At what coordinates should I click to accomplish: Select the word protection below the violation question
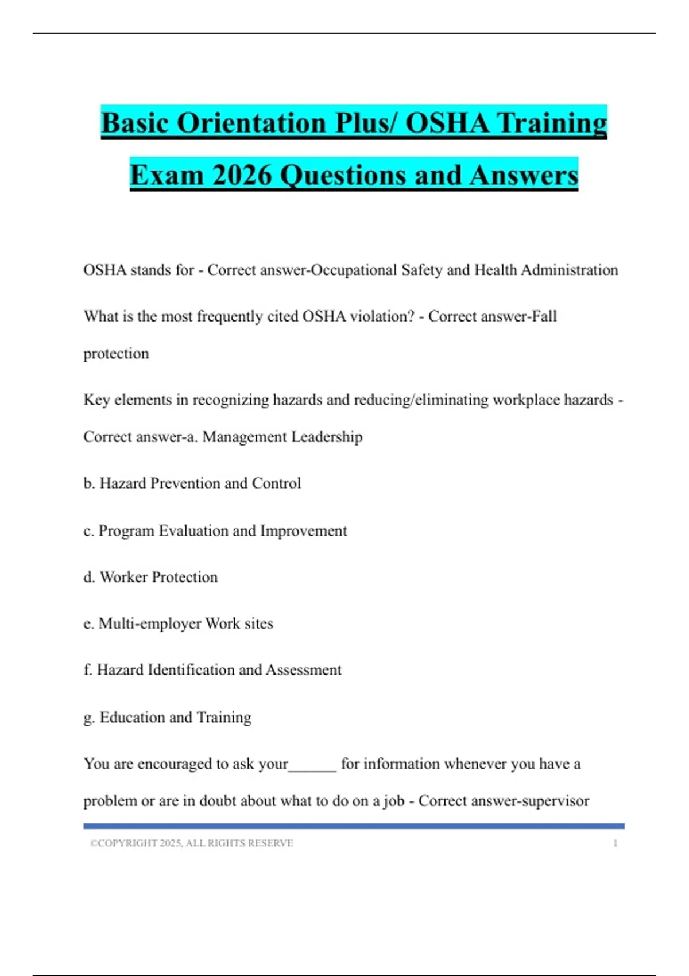pyautogui.click(x=116, y=354)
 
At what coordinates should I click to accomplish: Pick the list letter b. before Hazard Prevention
pyautogui.click(x=89, y=483)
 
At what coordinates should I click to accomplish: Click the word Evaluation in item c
pyautogui.click(x=193, y=531)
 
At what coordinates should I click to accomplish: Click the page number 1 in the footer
pyautogui.click(x=615, y=843)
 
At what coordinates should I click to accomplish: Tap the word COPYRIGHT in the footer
pyautogui.click(x=128, y=843)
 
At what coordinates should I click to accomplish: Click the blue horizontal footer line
pyautogui.click(x=354, y=826)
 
